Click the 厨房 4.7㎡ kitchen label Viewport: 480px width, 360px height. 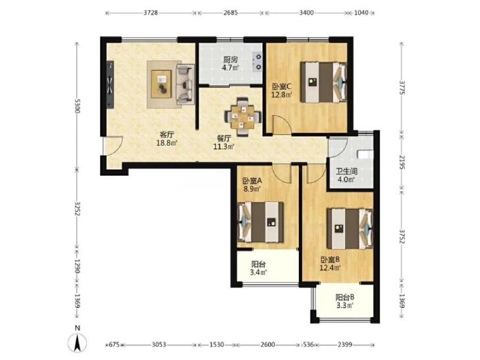[230, 63]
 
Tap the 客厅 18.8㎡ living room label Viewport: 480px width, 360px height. [167, 139]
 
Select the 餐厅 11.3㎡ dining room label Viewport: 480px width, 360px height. [224, 142]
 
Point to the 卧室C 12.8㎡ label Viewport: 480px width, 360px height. [282, 91]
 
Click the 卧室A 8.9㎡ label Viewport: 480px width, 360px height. [252, 185]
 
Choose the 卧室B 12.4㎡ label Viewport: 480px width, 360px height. [331, 264]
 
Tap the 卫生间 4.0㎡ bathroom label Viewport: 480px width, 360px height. [346, 175]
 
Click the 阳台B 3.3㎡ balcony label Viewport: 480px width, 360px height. [345, 301]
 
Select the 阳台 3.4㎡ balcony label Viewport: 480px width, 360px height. [258, 268]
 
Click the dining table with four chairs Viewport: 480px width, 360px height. [243, 116]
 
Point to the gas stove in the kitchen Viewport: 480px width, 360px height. [257, 62]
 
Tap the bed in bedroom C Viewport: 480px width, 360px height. [323, 82]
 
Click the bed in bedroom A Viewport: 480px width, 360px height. [261, 222]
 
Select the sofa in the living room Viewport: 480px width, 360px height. [185, 84]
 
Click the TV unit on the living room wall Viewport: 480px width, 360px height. [110, 84]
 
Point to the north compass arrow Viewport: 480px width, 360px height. [78, 343]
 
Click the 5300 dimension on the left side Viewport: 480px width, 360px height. [78, 106]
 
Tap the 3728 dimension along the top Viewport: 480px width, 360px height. [151, 13]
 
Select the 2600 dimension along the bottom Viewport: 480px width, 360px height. [267, 345]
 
